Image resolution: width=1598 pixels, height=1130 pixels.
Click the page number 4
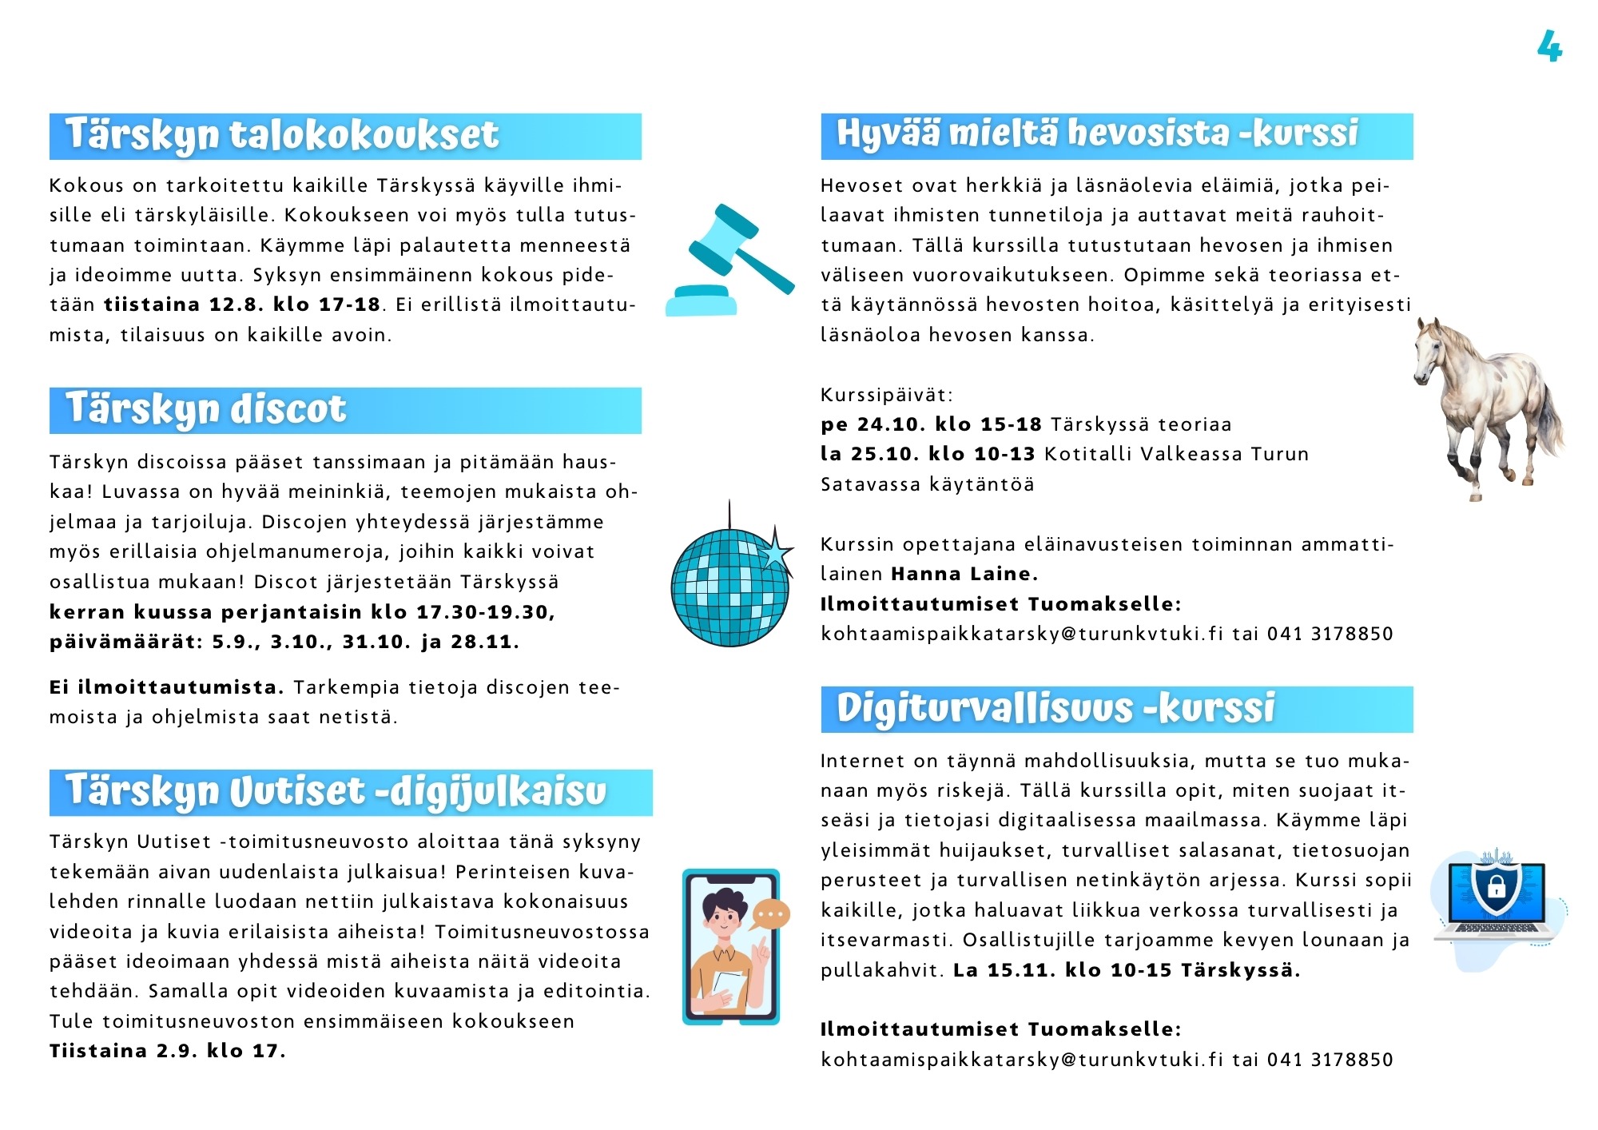[1549, 46]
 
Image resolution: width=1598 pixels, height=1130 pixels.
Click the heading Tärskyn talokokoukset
[282, 135]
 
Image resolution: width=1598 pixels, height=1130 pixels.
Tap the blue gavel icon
[729, 260]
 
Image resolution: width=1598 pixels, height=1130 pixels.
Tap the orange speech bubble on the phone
[771, 914]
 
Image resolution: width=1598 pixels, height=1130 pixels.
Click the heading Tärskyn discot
[206, 409]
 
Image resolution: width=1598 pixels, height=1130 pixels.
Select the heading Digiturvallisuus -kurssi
[1055, 709]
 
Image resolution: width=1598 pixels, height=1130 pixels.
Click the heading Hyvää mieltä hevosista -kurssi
[1097, 133]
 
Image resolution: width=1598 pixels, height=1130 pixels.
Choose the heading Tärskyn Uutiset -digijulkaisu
[336, 791]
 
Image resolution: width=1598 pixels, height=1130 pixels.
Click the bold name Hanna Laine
[964, 574]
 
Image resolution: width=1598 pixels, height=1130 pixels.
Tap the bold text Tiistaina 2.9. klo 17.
[167, 1051]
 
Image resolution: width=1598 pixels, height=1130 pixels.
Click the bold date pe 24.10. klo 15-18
[932, 424]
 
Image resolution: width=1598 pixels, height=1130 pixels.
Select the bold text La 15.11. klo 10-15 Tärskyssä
[1127, 970]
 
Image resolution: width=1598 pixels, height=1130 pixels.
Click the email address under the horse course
[1022, 634]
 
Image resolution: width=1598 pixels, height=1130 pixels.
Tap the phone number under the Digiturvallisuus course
[1330, 1060]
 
